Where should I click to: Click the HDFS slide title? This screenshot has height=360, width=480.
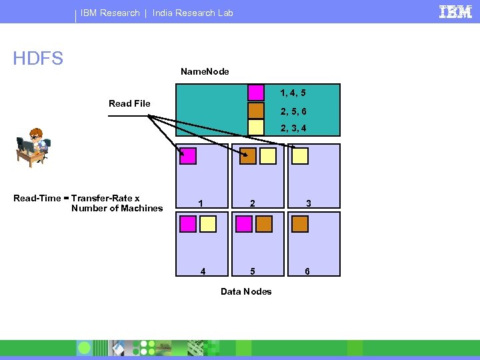pyautogui.click(x=38, y=59)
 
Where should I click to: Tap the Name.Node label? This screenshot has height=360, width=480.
pyautogui.click(x=205, y=71)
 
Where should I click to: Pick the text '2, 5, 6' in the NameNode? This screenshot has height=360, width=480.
pyautogui.click(x=294, y=111)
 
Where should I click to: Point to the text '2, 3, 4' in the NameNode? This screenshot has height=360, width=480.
pyautogui.click(x=294, y=128)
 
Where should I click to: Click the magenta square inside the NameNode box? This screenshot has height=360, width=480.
pyautogui.click(x=256, y=92)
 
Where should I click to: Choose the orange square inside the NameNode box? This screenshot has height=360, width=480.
pyautogui.click(x=256, y=110)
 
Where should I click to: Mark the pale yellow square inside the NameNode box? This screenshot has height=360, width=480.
pyautogui.click(x=256, y=127)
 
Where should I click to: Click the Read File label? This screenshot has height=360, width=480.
pyautogui.click(x=129, y=103)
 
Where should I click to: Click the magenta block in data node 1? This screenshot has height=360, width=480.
pyautogui.click(x=188, y=156)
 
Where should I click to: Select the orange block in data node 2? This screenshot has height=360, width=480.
pyautogui.click(x=248, y=156)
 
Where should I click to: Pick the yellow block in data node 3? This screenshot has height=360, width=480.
pyautogui.click(x=301, y=156)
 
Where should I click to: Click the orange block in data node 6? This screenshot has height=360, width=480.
pyautogui.click(x=301, y=223)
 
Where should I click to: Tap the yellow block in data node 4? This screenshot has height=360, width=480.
pyautogui.click(x=208, y=223)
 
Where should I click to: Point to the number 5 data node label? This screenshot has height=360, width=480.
pyautogui.click(x=252, y=271)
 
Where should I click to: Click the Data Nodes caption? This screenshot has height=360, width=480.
pyautogui.click(x=246, y=291)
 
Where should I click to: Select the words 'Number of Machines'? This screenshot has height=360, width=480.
pyautogui.click(x=117, y=208)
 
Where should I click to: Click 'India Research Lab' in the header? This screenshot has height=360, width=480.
pyautogui.click(x=193, y=13)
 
